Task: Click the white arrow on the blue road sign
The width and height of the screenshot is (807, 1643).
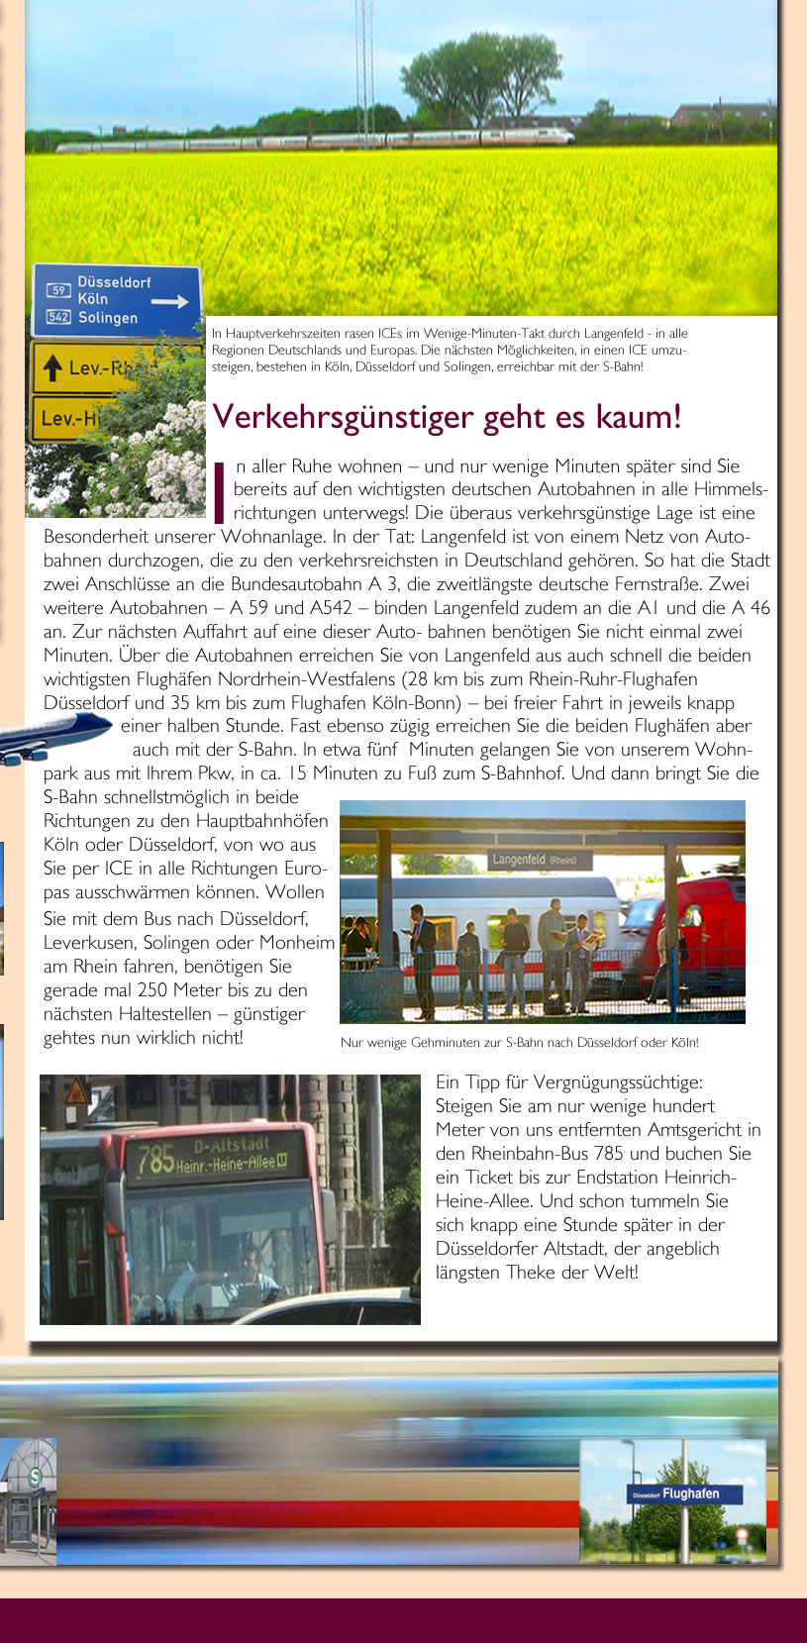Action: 169,302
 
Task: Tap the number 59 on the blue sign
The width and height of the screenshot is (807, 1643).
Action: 58,290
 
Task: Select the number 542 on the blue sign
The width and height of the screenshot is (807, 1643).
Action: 58,318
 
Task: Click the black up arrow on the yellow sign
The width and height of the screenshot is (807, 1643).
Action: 51,369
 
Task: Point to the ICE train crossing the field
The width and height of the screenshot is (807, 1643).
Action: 317,141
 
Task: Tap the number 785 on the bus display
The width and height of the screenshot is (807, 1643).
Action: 155,1159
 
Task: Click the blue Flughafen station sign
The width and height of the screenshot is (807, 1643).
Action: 683,1493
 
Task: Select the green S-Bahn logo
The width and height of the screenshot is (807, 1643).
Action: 36,1477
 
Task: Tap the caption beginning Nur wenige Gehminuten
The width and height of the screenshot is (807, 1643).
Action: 519,1043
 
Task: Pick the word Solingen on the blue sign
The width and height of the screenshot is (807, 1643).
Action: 108,318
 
